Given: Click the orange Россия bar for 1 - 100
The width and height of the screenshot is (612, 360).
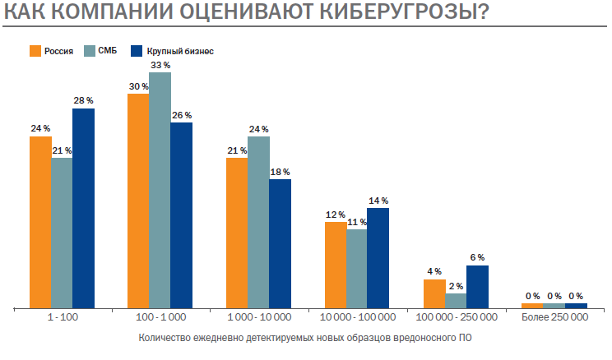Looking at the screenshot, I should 40,222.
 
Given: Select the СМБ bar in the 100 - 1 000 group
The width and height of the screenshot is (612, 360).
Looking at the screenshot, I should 160,190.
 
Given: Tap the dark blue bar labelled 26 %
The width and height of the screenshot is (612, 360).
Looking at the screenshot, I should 181,215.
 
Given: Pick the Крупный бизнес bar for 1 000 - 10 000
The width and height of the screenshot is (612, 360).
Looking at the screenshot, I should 280,243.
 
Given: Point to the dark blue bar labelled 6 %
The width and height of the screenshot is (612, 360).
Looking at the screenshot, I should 477,286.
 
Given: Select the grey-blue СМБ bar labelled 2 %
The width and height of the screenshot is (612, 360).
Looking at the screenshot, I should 456,300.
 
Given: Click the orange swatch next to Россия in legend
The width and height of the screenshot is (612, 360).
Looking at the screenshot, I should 35,51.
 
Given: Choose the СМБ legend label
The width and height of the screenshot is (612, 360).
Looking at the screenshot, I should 106,51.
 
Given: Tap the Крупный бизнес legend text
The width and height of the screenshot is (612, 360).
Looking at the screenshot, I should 186,51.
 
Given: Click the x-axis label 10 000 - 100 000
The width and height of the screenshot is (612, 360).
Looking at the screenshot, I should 357,316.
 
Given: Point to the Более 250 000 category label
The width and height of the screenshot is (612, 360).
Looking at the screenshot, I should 554,316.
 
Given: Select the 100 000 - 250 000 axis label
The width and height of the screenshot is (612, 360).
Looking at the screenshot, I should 457,316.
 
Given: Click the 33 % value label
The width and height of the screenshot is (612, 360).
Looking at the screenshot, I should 160,65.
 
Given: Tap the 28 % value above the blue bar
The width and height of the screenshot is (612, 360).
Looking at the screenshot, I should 83,100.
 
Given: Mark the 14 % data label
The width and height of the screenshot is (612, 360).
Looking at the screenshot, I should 378,200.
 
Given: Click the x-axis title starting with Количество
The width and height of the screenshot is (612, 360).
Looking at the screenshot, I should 306,337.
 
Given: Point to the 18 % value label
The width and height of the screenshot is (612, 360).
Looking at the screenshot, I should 280,172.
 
